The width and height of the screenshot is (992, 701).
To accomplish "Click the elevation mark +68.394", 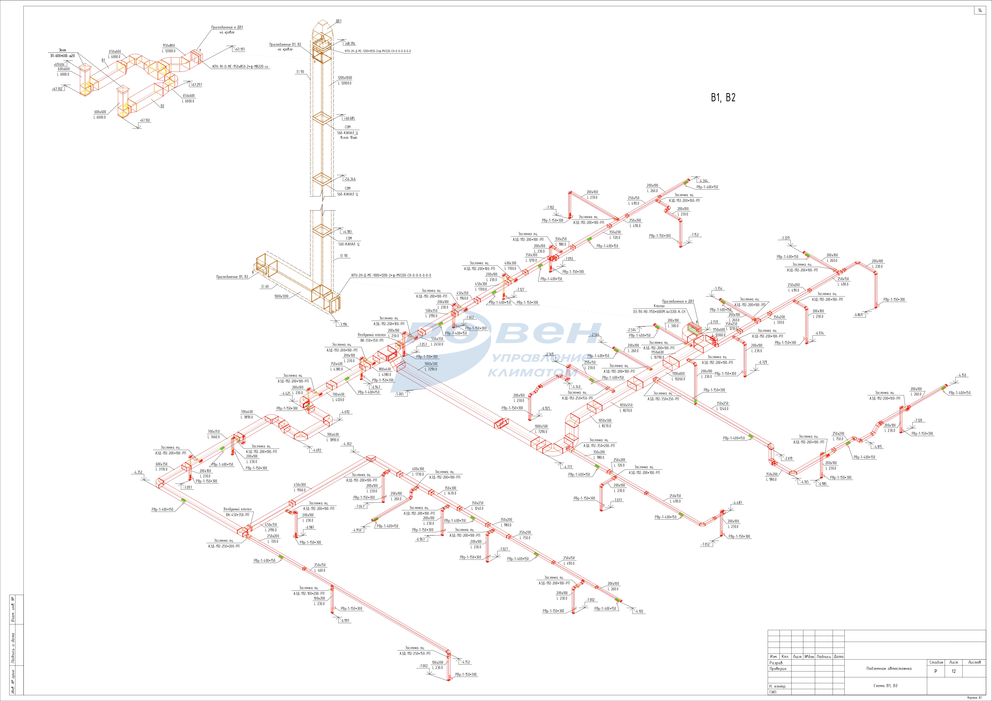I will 350,44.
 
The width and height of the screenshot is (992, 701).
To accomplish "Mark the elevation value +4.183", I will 347,232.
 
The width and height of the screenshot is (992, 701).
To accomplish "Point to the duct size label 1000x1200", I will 281,296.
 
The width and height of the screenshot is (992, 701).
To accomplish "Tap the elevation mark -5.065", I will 400,394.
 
